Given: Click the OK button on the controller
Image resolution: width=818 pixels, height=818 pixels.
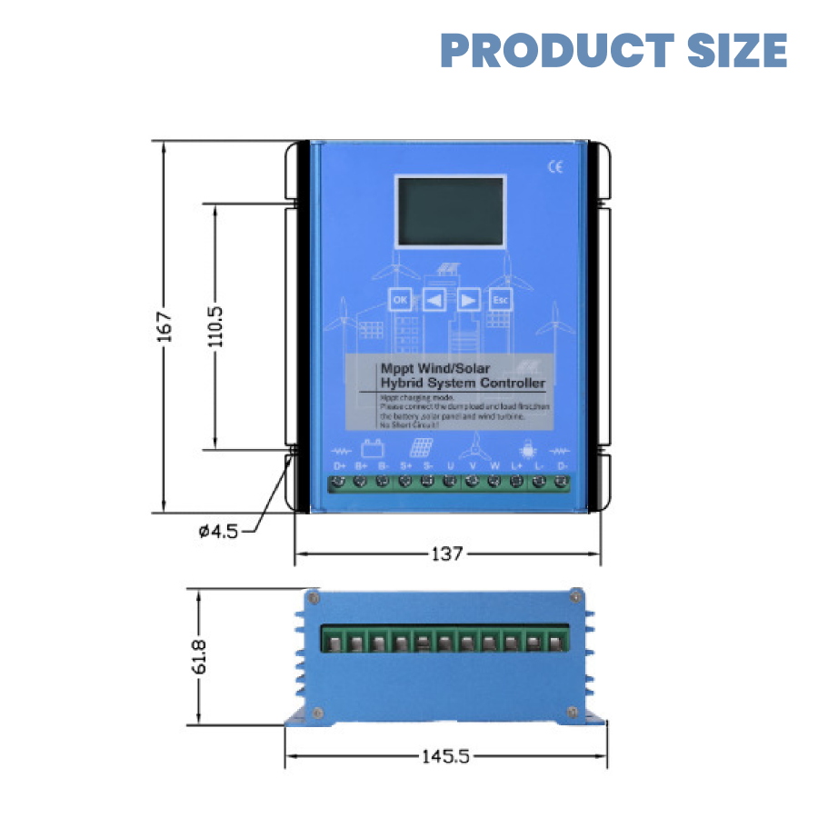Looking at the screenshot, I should [x=399, y=299].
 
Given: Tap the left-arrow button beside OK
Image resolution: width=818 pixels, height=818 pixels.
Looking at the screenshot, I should [x=434, y=299].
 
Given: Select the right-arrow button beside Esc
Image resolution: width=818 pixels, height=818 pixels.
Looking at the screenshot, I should [x=467, y=299].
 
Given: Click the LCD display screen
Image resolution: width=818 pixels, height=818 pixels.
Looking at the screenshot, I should [x=450, y=212].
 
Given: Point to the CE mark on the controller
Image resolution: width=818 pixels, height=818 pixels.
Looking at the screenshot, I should [x=556, y=166].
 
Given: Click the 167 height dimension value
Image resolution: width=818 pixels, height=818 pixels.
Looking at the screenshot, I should [x=163, y=327].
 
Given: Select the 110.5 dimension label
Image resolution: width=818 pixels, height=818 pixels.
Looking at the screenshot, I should [x=215, y=327].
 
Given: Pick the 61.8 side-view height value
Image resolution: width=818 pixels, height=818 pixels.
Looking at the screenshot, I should [x=199, y=657].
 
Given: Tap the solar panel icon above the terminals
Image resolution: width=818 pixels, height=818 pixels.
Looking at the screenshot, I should [x=419, y=448].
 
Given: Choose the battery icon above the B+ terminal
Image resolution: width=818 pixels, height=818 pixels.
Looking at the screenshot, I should [x=371, y=448].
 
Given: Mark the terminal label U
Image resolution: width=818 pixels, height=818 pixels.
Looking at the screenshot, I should [x=450, y=466].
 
